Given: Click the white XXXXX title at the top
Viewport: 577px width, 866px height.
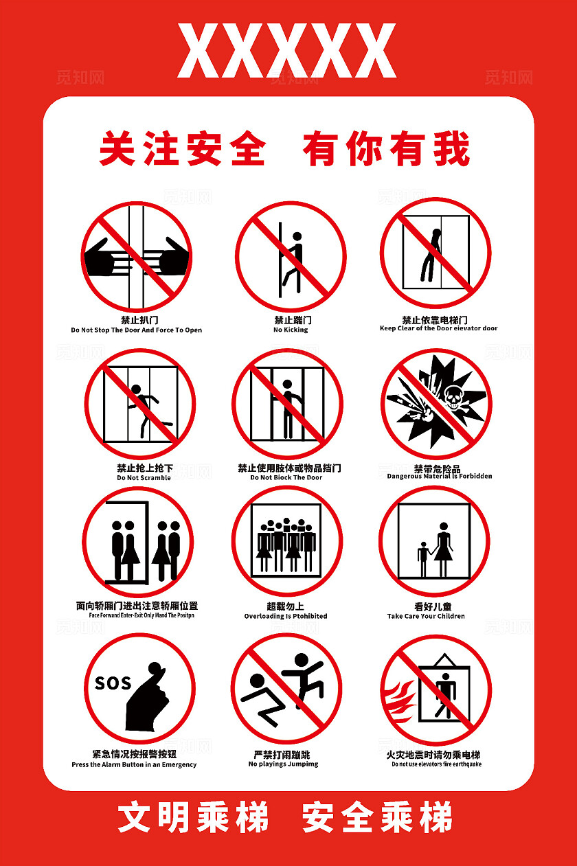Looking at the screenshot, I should [x=287, y=51].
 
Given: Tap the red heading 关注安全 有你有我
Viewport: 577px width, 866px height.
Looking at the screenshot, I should [x=284, y=148].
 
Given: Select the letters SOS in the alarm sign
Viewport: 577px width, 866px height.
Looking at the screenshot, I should [x=113, y=683].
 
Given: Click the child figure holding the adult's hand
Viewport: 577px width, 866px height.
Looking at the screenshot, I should [x=422, y=558].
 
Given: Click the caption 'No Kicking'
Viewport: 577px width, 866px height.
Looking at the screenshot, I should [x=291, y=330].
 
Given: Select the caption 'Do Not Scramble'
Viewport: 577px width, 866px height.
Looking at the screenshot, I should [x=144, y=477].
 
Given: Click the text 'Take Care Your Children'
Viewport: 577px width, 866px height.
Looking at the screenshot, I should [x=426, y=616].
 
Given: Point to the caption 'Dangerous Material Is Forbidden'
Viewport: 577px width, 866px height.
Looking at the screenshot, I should [x=439, y=476].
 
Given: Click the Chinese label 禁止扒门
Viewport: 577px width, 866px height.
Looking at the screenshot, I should [x=139, y=320].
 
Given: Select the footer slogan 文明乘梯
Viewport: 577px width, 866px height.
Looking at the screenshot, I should [x=194, y=818].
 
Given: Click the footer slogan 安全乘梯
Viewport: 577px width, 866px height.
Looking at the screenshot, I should [x=377, y=818].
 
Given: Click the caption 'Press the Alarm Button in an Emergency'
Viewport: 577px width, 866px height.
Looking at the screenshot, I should [x=134, y=764].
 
